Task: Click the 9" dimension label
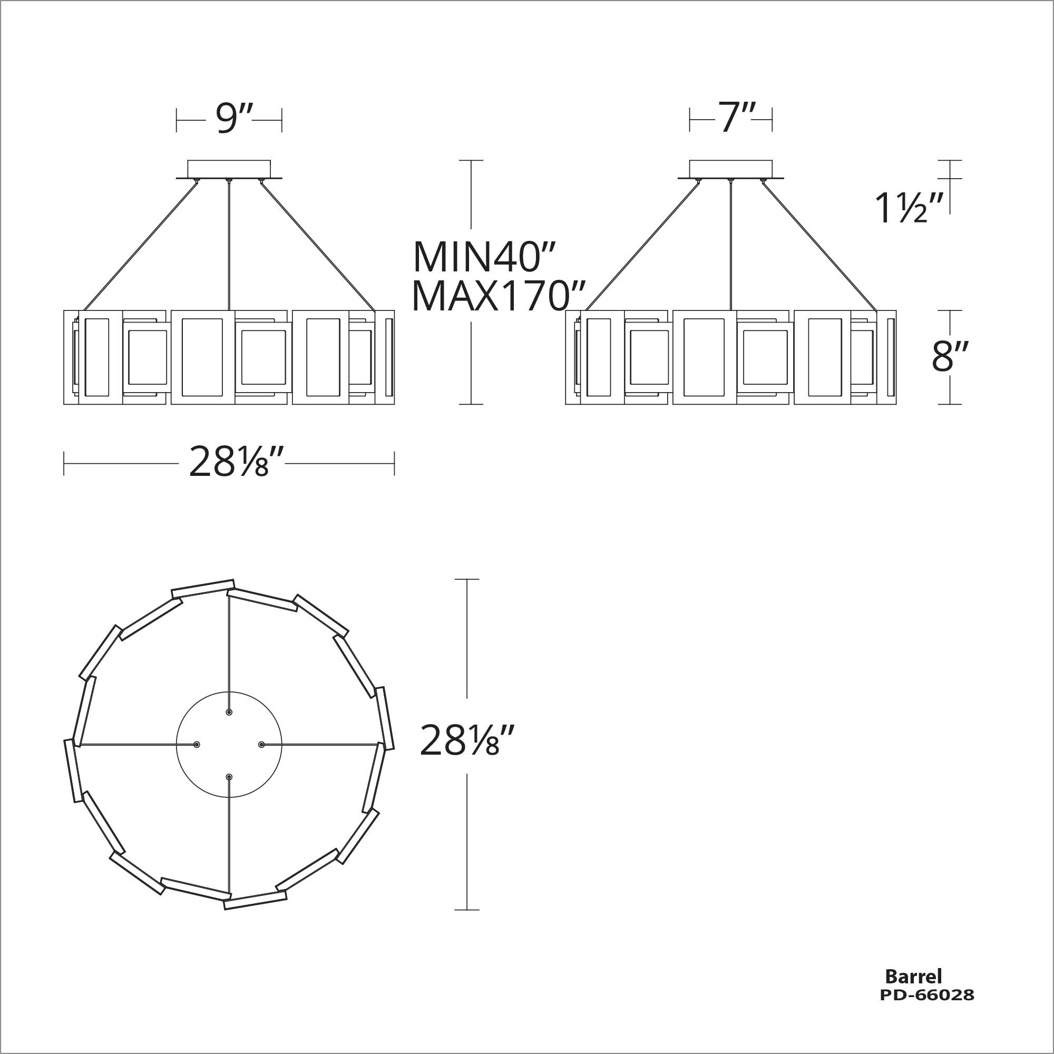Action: [229, 119]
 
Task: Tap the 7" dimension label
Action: [730, 119]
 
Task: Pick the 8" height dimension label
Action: [950, 357]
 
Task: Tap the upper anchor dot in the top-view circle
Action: [229, 713]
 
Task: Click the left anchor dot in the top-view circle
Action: [197, 745]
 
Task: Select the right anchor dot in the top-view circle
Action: [261, 745]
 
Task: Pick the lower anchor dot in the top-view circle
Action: [229, 776]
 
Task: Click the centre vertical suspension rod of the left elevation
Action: [229, 246]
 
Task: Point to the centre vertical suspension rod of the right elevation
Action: [730, 246]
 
